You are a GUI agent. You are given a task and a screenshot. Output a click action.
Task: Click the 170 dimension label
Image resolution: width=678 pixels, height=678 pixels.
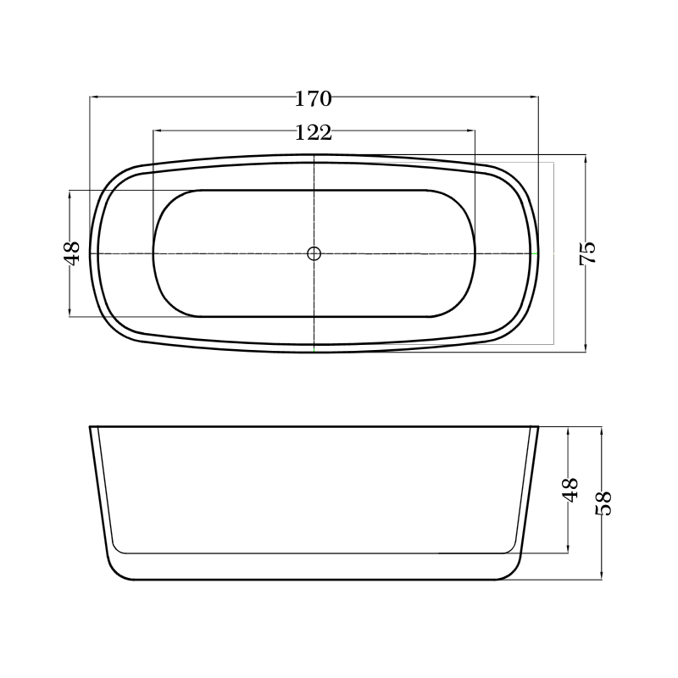pyautogui.click(x=314, y=99)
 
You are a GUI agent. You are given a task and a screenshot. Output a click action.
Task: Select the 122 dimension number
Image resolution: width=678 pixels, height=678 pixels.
pyautogui.click(x=314, y=133)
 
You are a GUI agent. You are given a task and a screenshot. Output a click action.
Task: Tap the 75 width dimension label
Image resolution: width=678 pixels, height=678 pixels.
pyautogui.click(x=588, y=253)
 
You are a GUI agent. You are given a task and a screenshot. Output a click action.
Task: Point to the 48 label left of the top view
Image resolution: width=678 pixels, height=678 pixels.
pyautogui.click(x=72, y=253)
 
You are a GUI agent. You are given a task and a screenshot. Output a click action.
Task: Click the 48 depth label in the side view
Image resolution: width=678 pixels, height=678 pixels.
pyautogui.click(x=570, y=490)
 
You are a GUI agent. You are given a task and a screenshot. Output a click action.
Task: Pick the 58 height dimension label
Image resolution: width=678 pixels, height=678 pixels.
pyautogui.click(x=603, y=503)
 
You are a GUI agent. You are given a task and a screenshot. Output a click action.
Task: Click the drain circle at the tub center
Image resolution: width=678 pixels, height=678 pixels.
pyautogui.click(x=314, y=253)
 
